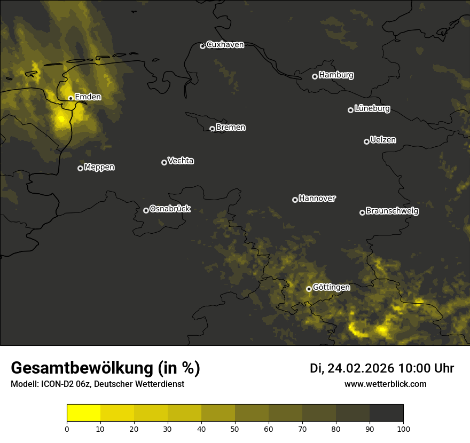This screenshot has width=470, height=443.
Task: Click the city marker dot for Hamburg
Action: tap(315, 76)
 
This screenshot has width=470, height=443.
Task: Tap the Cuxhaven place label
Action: tap(225, 45)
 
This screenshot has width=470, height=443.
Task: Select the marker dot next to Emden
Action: tap(70, 98)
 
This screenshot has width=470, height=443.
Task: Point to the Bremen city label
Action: tap(231, 128)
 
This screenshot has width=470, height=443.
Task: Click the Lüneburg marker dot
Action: tap(350, 110)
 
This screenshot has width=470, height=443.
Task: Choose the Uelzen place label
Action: tap(383, 140)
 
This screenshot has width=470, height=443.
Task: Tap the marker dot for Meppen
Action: tap(80, 168)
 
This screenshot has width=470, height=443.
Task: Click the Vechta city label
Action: tap(181, 161)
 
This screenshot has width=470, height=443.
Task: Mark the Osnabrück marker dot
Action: tap(146, 210)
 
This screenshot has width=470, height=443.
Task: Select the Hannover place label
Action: tap(317, 199)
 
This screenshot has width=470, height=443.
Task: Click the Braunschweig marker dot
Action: tap(362, 212)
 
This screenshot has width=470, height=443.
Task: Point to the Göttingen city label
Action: tap(331, 288)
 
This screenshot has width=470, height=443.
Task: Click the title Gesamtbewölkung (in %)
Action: tap(105, 368)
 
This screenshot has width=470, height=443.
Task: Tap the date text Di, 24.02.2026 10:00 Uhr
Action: tap(382, 368)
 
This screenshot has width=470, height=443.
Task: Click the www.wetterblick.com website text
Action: tap(385, 384)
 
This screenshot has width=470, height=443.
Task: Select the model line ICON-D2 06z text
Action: tap(97, 384)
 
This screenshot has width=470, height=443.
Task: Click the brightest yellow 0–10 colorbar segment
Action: tap(84, 413)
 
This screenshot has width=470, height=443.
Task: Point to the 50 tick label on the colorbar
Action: tap(235, 429)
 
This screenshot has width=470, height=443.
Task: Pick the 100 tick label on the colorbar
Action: tap(403, 429)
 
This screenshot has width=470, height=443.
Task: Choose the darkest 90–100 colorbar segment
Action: tap(386, 413)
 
